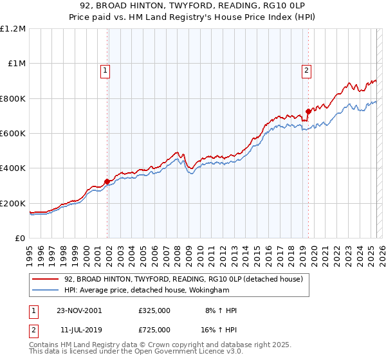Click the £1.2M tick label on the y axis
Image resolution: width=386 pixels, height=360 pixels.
(x=14, y=28)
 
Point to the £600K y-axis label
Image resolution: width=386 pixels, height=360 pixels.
(x=12, y=133)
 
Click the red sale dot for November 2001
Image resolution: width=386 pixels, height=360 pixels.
(x=107, y=181)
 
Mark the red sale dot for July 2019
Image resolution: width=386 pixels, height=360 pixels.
(x=308, y=111)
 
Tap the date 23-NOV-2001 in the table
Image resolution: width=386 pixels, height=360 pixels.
(x=79, y=310)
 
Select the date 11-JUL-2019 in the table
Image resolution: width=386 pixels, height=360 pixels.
(x=78, y=329)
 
